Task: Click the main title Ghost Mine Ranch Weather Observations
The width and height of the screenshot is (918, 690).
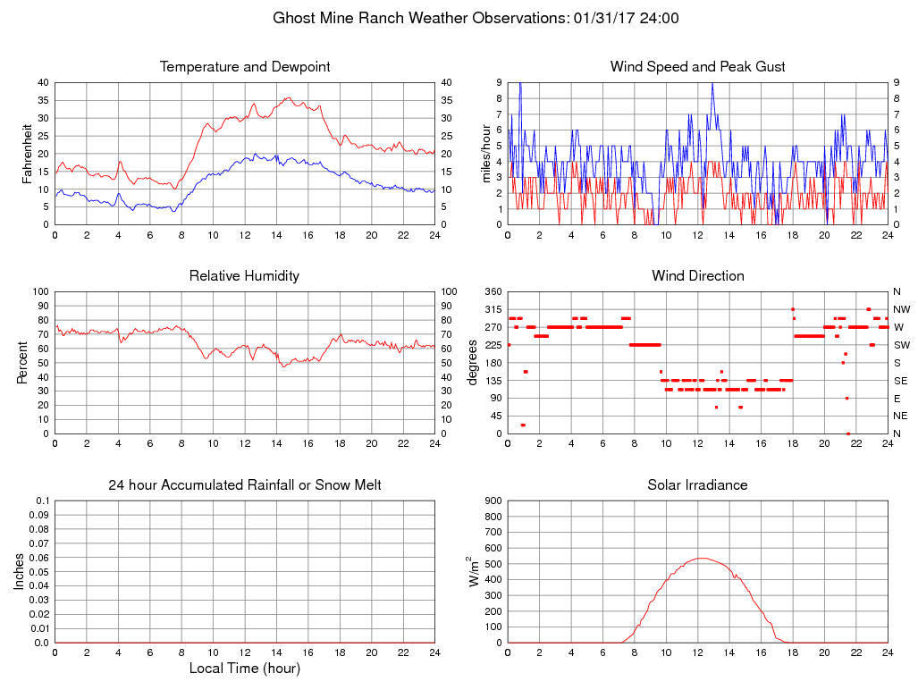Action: coord(459,18)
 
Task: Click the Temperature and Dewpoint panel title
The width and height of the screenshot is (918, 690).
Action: coord(245,67)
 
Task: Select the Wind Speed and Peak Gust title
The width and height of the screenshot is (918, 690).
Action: coord(697,67)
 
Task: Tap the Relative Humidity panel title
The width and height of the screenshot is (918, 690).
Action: coord(244,276)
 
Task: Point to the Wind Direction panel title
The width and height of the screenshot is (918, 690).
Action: coord(697,276)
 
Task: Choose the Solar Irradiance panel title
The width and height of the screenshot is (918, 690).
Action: coord(697,485)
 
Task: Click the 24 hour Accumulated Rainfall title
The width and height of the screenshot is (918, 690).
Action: coord(245,485)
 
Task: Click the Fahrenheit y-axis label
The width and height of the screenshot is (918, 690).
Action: coord(27,154)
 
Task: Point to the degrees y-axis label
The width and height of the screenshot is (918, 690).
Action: coord(473,363)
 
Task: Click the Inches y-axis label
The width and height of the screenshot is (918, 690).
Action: coord(20,572)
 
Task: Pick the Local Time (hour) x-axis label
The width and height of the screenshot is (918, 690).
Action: coord(245,669)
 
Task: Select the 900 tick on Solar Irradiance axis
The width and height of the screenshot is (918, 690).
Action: coord(492,501)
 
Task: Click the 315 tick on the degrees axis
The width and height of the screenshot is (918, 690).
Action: coord(492,309)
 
